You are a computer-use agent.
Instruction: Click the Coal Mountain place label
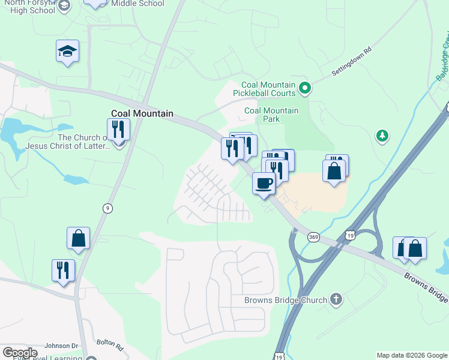[142, 113]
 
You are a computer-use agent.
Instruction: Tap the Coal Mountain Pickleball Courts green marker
[305, 89]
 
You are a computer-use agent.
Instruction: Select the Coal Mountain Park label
[271, 114]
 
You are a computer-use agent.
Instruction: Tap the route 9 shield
[107, 208]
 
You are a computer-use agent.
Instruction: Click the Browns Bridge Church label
[285, 300]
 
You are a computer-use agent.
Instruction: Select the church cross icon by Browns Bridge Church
[336, 299]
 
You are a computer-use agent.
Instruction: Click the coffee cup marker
[264, 182]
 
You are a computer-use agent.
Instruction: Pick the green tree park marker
[382, 136]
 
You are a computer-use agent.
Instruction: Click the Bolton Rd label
[110, 347]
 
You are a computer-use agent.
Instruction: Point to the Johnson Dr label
[62, 346]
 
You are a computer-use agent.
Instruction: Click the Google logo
[19, 353]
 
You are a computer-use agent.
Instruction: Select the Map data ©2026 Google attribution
[412, 355]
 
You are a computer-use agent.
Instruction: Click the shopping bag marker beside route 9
[78, 238]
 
